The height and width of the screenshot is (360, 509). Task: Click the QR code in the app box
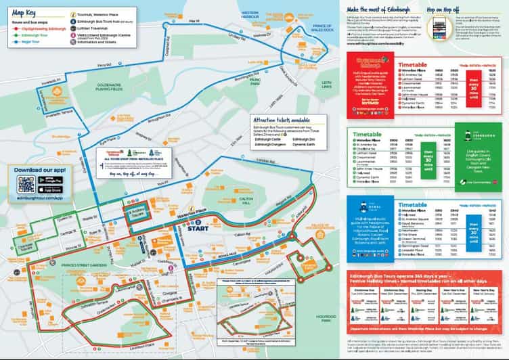[x=26, y=183]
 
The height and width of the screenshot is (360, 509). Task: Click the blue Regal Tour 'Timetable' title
[x=414, y=204]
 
